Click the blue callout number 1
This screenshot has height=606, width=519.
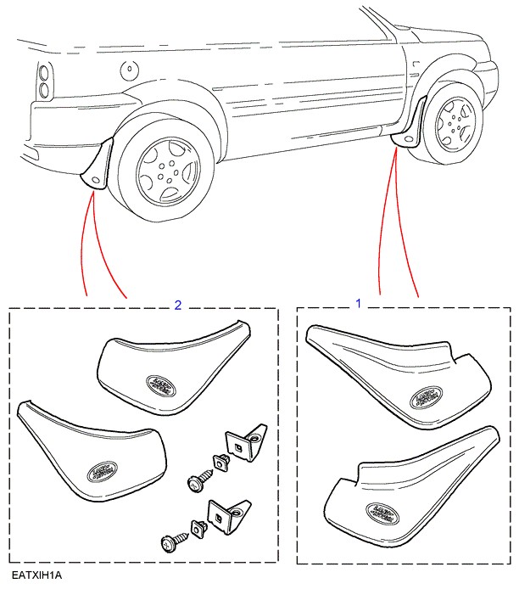click(358, 302)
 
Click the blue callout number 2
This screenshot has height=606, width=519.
click(176, 304)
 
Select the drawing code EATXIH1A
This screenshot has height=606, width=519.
click(37, 575)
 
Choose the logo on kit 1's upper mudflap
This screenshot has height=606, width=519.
click(427, 398)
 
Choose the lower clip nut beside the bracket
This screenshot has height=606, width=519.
click(200, 528)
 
